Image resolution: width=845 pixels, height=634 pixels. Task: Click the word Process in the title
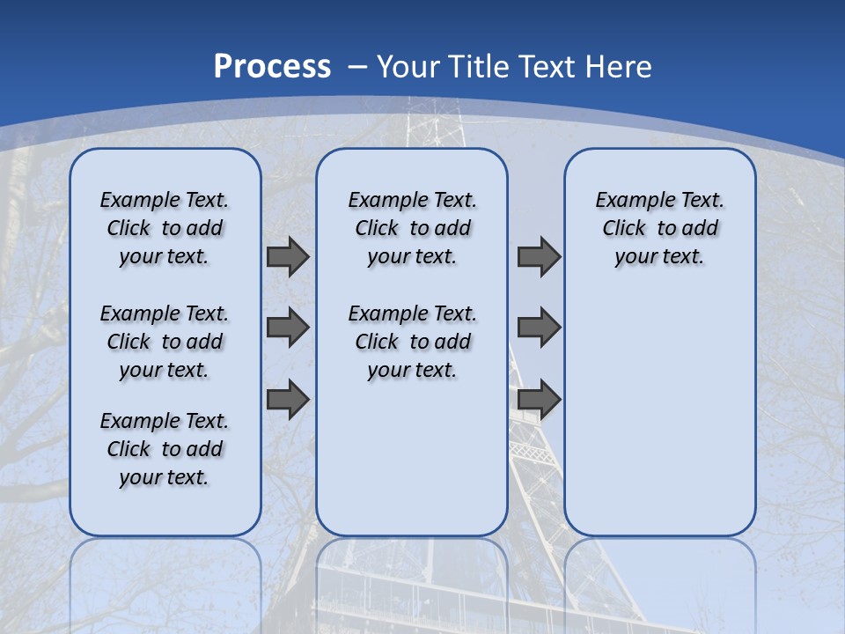tap(272, 67)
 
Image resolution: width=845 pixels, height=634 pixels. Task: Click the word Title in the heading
tap(480, 67)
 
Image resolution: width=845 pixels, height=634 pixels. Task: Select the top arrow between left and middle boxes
tap(288, 256)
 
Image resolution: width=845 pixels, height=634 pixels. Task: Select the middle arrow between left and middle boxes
tap(288, 328)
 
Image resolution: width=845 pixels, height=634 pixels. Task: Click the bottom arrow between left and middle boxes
tap(288, 399)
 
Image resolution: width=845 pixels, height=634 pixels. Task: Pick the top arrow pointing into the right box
tap(539, 256)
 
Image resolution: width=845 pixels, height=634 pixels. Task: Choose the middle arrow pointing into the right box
tap(539, 328)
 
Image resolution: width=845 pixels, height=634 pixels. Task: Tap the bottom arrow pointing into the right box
tap(539, 399)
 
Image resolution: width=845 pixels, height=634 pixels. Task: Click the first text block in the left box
tap(165, 228)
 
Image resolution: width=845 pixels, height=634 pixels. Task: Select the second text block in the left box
tap(165, 342)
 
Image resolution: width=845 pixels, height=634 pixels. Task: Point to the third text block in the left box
tap(165, 449)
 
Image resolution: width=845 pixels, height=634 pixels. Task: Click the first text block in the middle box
tap(412, 228)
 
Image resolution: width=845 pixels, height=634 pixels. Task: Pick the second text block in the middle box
tap(412, 342)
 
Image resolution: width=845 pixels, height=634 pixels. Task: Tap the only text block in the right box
tap(659, 228)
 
